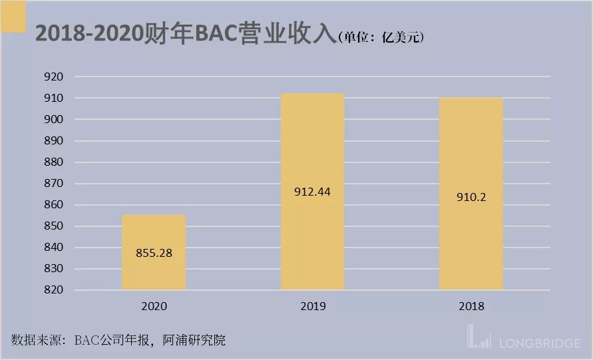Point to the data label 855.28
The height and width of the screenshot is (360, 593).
[x=154, y=254]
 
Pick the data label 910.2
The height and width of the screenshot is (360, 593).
[x=471, y=197]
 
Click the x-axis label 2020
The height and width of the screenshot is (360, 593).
[x=154, y=307]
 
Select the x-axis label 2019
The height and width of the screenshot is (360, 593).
[x=312, y=307]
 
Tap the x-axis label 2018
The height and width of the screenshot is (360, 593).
[x=471, y=307]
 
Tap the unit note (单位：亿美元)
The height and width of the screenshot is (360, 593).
[x=381, y=37]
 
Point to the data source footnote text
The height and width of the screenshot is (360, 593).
[x=118, y=341]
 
